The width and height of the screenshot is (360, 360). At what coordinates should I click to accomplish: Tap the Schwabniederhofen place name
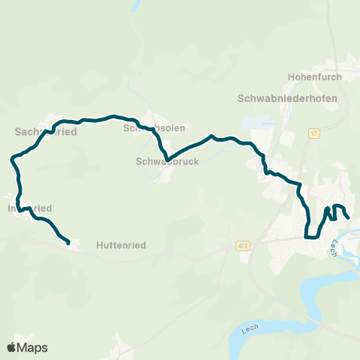287,98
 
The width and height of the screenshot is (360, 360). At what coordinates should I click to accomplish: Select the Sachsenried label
46,131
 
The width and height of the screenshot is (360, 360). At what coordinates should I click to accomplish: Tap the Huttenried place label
120,244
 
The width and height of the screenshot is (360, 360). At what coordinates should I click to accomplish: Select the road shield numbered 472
242,245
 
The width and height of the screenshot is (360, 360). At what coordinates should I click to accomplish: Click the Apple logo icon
12,347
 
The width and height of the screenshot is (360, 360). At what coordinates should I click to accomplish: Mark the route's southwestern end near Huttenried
68,243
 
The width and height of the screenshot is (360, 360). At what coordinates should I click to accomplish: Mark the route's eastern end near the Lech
349,217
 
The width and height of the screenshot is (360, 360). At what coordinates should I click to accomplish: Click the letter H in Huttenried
100,244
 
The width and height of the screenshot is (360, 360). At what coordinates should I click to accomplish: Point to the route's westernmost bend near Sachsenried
12,159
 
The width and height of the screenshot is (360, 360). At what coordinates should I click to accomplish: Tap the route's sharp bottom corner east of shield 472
307,236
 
